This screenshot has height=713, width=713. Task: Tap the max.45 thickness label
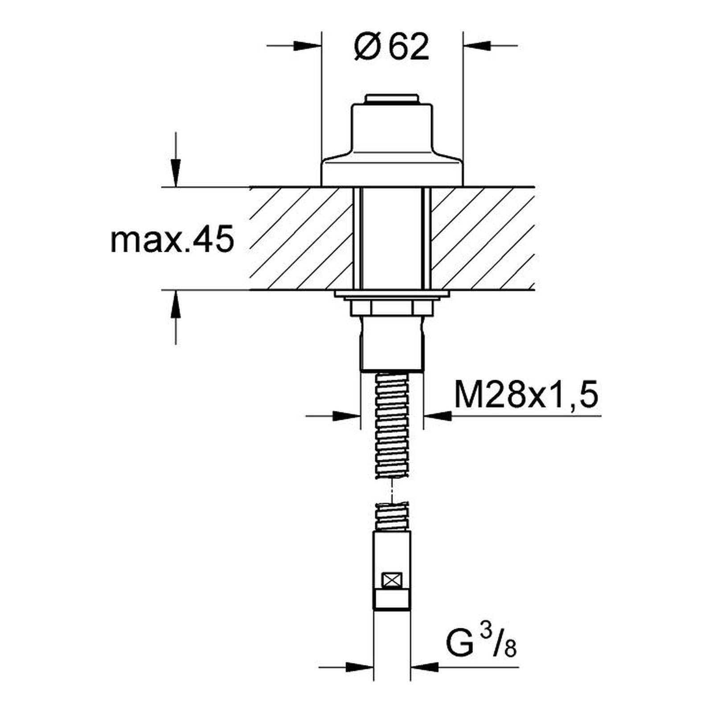click(172, 241)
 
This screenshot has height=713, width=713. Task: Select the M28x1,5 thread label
click(525, 395)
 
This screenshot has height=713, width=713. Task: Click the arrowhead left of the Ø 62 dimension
click(307, 45)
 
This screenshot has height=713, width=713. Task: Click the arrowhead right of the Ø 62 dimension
click(477, 45)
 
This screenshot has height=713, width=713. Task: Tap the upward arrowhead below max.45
click(176, 303)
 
